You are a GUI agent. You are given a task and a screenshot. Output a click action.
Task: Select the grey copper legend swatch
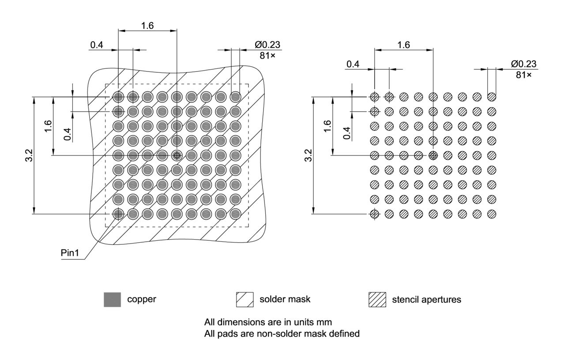(112, 300)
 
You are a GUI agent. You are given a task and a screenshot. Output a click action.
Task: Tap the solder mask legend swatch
(245, 300)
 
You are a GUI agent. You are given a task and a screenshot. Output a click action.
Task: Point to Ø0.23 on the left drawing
(267, 45)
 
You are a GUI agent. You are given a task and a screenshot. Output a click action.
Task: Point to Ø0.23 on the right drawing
(524, 64)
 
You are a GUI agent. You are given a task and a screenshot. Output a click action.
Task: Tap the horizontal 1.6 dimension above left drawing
(147, 26)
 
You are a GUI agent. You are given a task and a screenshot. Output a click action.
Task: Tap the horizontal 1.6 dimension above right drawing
(403, 45)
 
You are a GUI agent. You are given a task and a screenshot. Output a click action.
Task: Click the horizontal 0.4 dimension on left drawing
(97, 45)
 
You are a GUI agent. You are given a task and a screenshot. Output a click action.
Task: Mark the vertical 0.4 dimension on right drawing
(347, 132)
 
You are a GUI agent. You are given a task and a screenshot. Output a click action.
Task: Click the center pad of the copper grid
(177, 155)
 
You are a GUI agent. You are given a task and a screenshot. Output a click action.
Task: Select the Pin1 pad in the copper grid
(118, 214)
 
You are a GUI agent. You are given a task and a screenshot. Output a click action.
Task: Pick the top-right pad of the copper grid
(235, 96)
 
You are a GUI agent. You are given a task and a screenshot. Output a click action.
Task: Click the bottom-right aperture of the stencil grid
(491, 214)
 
